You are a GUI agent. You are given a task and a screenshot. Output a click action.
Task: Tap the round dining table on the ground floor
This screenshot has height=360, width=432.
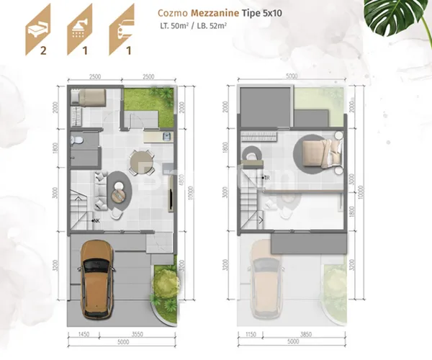click(x=140, y=159)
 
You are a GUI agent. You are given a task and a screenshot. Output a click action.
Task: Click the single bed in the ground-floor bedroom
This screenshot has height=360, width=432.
click(x=89, y=99)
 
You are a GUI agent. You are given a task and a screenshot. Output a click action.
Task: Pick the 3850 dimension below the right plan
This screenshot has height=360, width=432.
click(x=302, y=335)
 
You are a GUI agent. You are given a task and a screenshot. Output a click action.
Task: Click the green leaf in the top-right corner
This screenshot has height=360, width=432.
click(x=403, y=18)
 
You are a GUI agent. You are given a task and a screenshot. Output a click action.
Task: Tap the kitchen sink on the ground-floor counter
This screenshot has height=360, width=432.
click(x=166, y=135)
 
